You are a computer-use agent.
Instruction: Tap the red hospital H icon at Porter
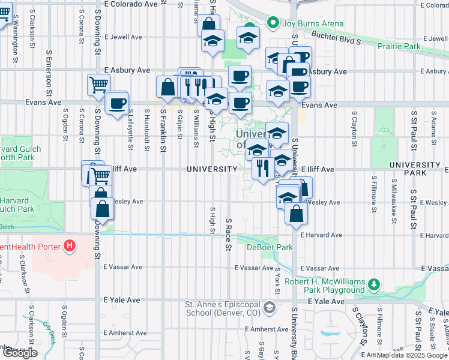pyautogui.click(x=70, y=246)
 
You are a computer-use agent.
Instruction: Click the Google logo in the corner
pyautogui.click(x=20, y=352)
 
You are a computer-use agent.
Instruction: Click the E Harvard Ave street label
pyautogui.click(x=321, y=235)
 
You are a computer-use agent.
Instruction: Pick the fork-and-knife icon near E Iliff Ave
pyautogui.click(x=262, y=168)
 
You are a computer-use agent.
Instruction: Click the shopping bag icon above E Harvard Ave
pyautogui.click(x=297, y=212)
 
